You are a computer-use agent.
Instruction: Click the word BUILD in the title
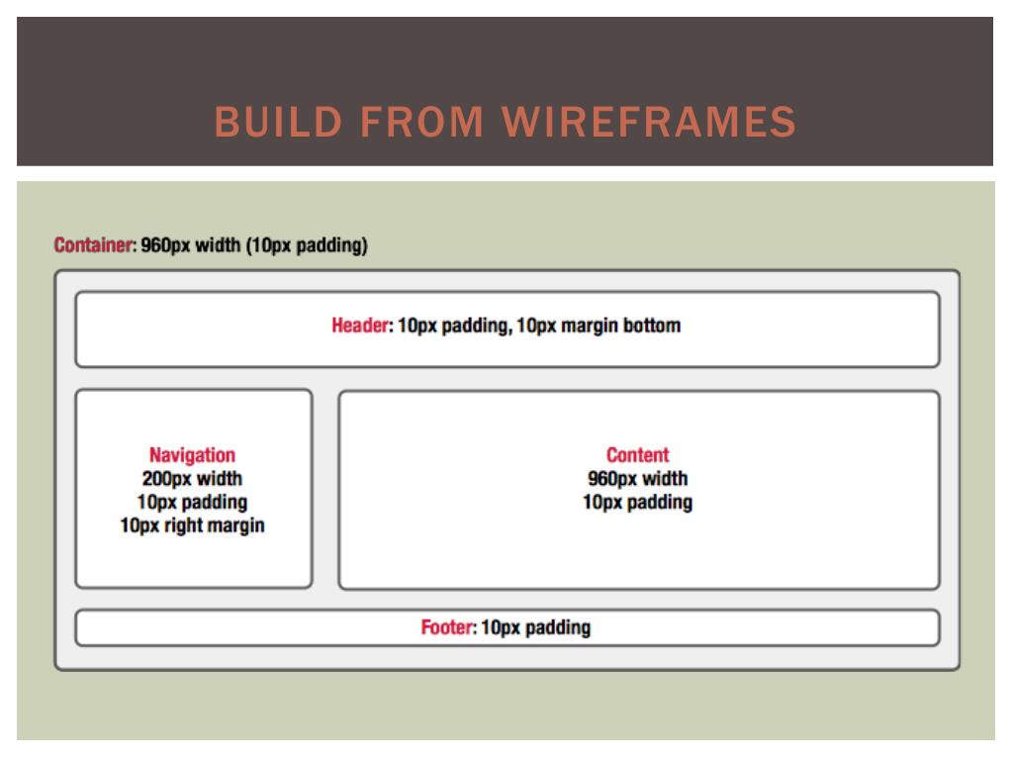tap(278, 122)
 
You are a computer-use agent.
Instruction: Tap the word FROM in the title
tap(421, 122)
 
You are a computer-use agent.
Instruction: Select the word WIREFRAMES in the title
tap(649, 122)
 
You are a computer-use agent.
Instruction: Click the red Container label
tap(94, 245)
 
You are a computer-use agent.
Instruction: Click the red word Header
tap(360, 325)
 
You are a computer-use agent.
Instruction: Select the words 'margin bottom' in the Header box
tap(621, 325)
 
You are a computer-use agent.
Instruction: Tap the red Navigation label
tap(193, 455)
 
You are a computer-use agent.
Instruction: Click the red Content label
tap(638, 455)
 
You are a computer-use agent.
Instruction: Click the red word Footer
tap(448, 626)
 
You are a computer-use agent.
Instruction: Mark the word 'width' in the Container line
tap(218, 245)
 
